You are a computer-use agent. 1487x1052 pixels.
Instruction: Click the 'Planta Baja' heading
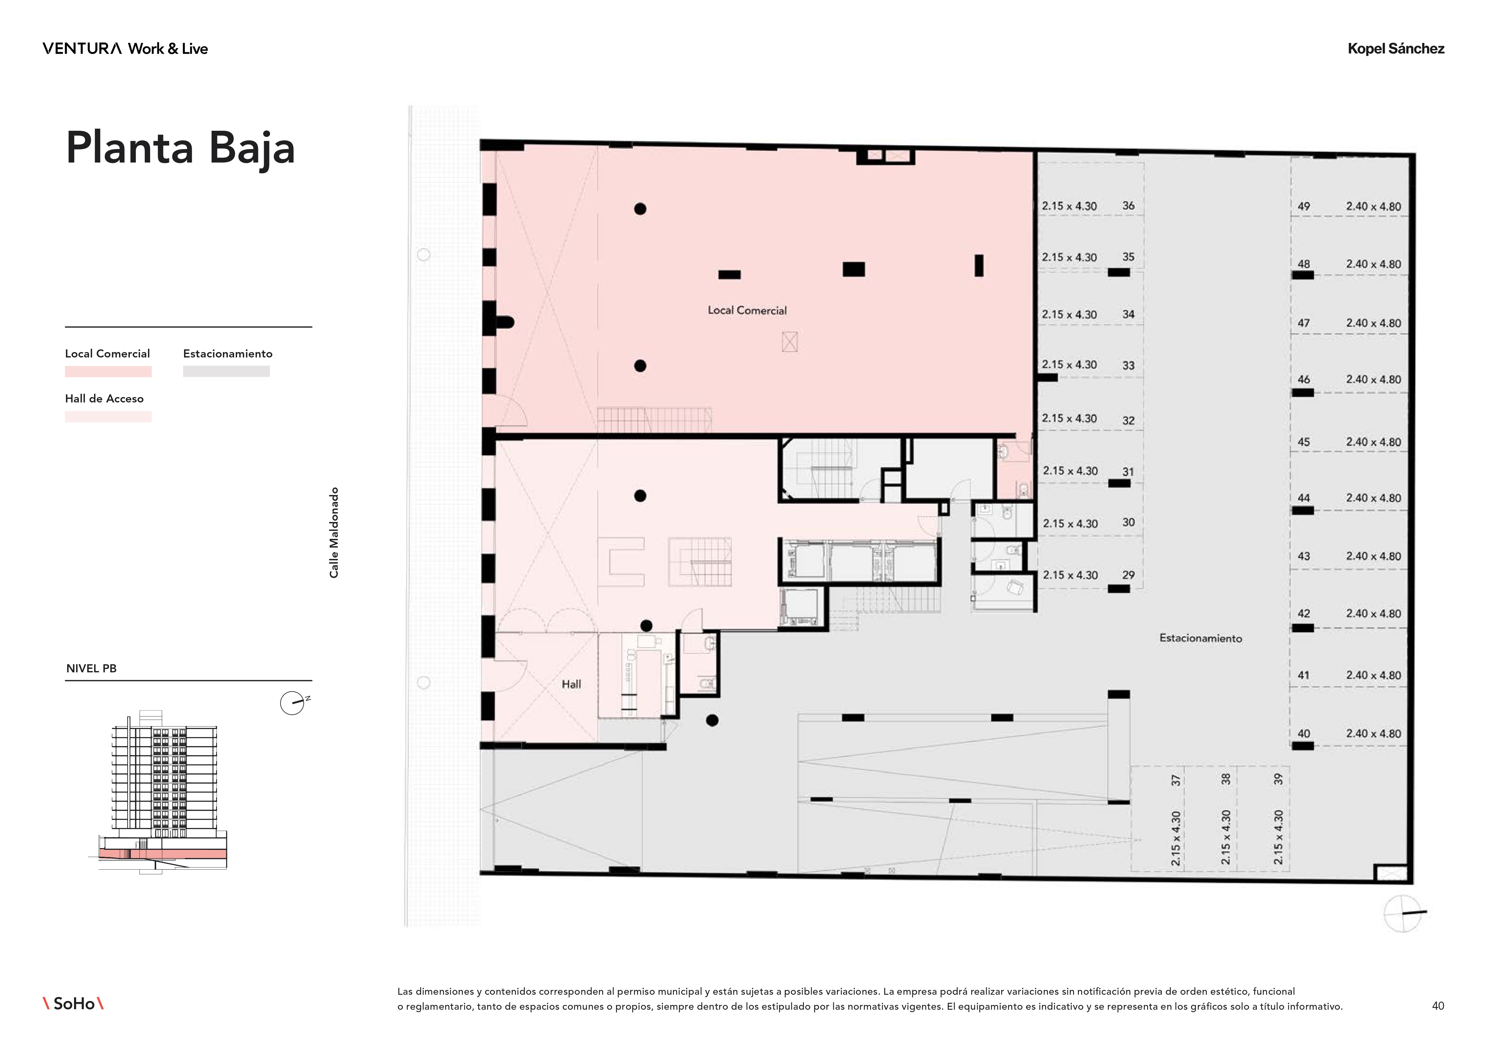[x=181, y=148]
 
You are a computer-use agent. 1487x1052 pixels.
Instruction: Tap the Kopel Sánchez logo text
[x=1396, y=49]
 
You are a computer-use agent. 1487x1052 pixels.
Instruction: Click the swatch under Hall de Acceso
[x=108, y=417]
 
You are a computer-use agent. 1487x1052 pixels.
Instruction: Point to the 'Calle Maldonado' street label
[x=334, y=533]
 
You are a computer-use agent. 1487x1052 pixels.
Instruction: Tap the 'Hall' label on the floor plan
[x=571, y=684]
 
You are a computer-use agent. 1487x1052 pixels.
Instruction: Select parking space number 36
[x=1128, y=205]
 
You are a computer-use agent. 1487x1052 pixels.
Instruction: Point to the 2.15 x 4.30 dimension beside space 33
[x=1069, y=365]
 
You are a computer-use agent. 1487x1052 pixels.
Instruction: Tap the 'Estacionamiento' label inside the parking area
[x=1201, y=638]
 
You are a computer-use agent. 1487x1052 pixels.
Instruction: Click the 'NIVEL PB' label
[x=91, y=668]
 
